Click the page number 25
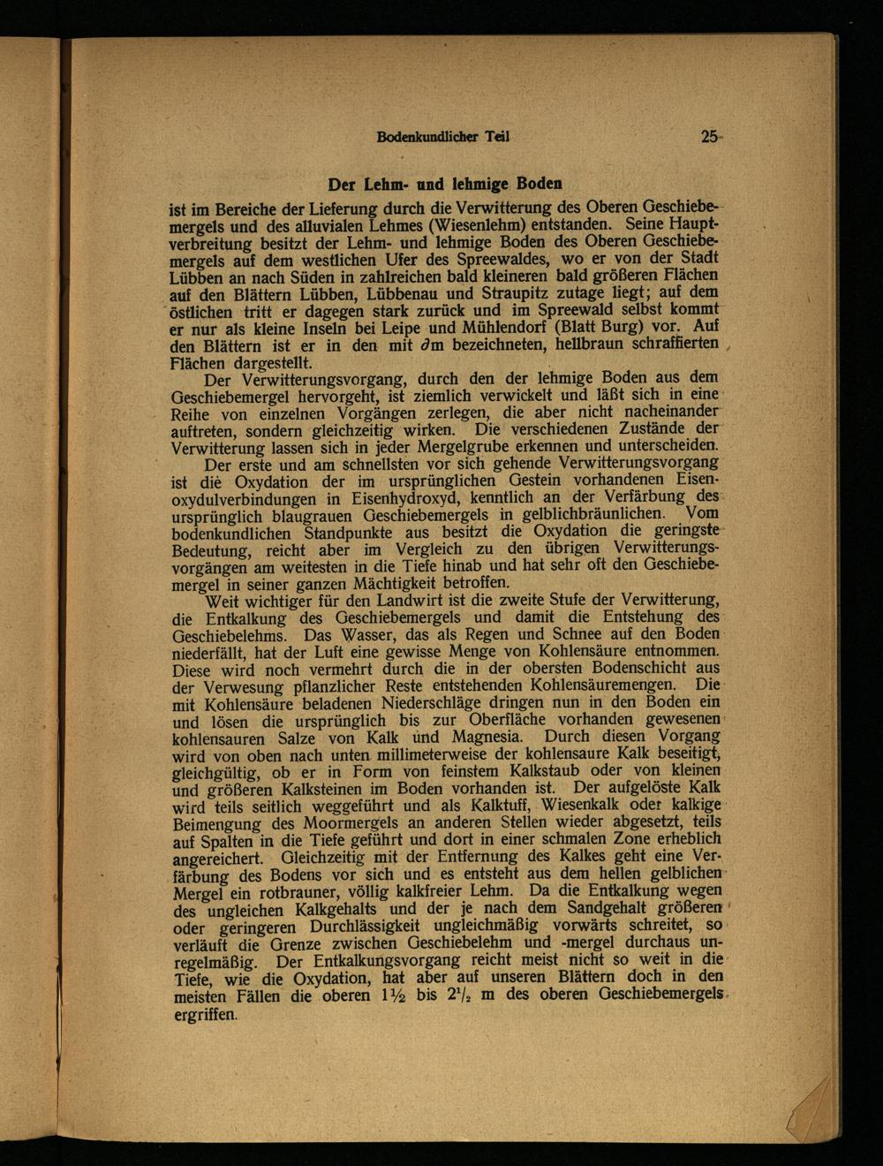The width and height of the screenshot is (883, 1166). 710,137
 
